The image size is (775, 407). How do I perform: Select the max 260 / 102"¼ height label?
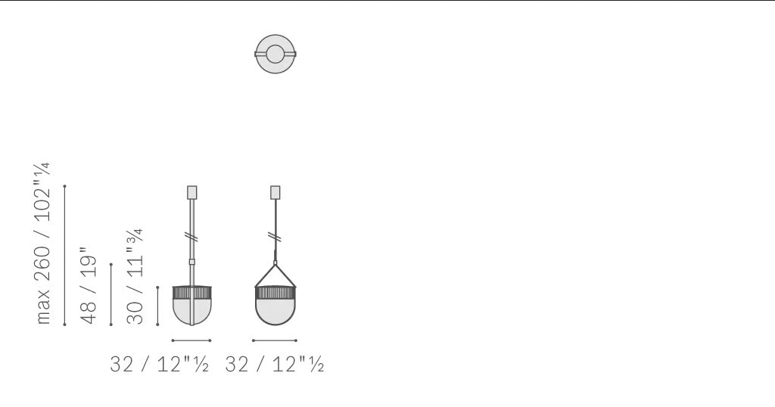[x=43, y=243]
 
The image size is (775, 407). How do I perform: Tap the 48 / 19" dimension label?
[x=89, y=285]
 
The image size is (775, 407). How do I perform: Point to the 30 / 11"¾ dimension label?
[x=135, y=275]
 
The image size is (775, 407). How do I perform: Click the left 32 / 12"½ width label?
[x=159, y=365]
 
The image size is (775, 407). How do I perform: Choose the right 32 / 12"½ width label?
[x=274, y=365]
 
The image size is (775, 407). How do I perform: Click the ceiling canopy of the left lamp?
[x=191, y=193]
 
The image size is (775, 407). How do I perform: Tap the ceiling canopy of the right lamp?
[x=275, y=193]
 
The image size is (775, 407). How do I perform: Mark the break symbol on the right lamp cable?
[x=276, y=237]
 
